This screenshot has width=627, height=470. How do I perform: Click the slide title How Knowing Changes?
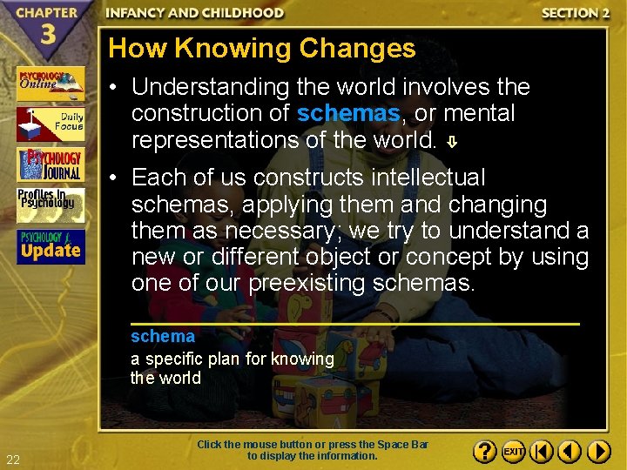(x=262, y=48)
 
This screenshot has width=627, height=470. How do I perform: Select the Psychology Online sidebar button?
(x=51, y=84)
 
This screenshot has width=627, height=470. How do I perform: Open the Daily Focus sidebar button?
(x=51, y=124)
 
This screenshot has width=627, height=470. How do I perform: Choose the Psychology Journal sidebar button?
(x=51, y=164)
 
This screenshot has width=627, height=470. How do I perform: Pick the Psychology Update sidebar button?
(x=51, y=246)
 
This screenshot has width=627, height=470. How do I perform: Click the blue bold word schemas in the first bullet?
(x=348, y=113)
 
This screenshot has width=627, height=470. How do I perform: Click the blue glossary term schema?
(x=163, y=336)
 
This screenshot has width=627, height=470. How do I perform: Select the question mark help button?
(x=485, y=452)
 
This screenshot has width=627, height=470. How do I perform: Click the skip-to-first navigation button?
(x=541, y=452)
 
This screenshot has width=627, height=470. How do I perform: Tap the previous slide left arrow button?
(x=570, y=452)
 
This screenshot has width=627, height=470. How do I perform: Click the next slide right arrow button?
(x=599, y=452)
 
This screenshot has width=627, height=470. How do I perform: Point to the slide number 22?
(x=12, y=460)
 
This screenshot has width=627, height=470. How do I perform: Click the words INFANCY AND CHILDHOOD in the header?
(x=195, y=13)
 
